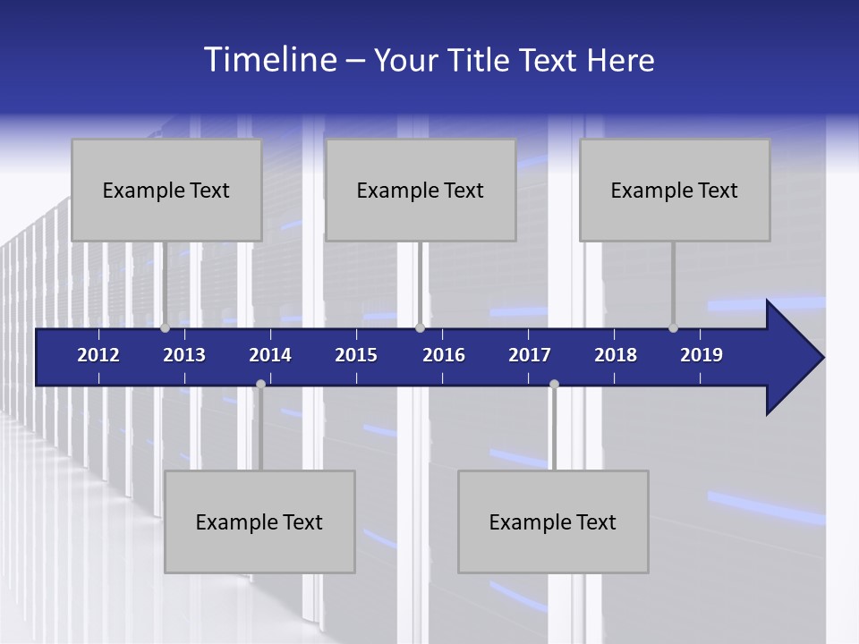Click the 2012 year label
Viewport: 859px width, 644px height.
(x=98, y=355)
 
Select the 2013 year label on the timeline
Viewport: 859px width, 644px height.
(x=184, y=355)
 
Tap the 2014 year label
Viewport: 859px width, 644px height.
(x=270, y=355)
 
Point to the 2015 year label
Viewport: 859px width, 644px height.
(x=356, y=355)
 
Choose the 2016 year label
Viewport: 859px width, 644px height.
(x=444, y=355)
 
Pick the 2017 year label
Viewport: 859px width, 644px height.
(x=530, y=355)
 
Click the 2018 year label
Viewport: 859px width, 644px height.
(x=616, y=355)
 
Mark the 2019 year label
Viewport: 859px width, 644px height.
(x=702, y=355)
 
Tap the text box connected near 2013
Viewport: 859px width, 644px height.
(x=166, y=190)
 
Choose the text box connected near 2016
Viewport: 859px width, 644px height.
(x=421, y=190)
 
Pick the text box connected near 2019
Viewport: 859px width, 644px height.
(x=675, y=190)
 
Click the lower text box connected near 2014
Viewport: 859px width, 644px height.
(x=259, y=521)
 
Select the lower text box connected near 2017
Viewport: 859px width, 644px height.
(x=553, y=521)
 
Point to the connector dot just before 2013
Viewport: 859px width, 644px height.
(x=165, y=328)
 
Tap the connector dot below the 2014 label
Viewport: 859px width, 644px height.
(x=260, y=385)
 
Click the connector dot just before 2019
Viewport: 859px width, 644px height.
(x=673, y=328)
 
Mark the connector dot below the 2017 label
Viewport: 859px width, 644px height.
(x=554, y=385)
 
